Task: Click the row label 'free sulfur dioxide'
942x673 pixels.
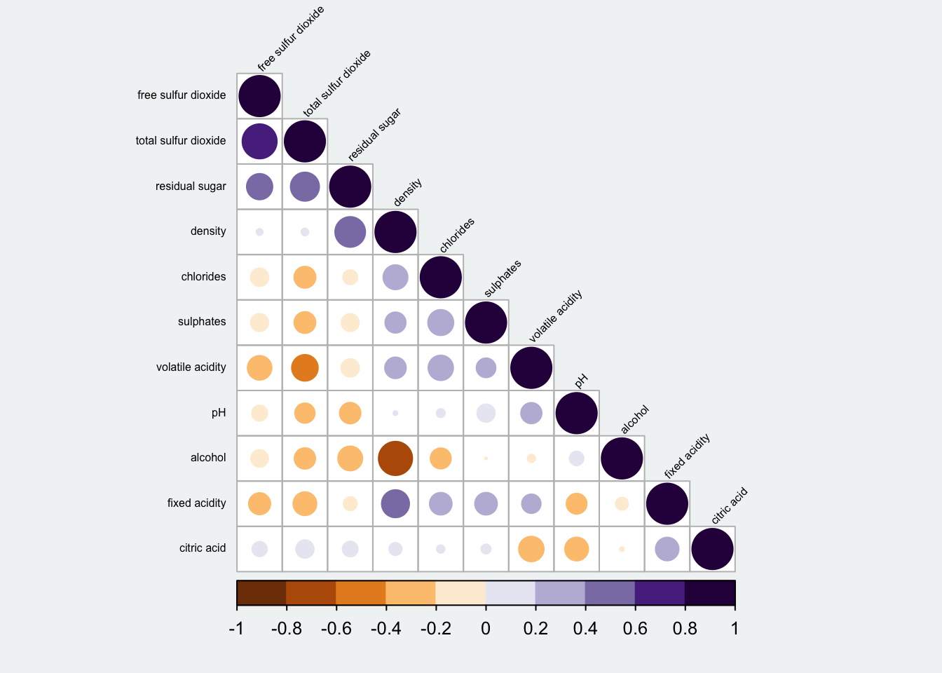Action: pos(182,95)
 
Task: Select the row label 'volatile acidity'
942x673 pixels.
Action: pos(191,367)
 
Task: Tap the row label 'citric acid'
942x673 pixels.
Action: pos(203,548)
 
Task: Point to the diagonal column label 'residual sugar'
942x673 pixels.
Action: pos(374,135)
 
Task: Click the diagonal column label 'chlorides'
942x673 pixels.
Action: pos(457,235)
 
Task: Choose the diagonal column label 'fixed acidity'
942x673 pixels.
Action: pos(687,456)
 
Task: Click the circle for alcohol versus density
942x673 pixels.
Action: pos(395,458)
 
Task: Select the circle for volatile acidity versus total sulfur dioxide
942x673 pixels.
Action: pos(305,367)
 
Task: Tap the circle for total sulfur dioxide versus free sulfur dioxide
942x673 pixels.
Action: pos(259,141)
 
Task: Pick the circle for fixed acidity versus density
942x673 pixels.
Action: pos(395,503)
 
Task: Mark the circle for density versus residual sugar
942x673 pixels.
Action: pos(350,231)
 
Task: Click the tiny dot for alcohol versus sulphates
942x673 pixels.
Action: pos(486,458)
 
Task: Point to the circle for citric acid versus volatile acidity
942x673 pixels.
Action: pos(531,549)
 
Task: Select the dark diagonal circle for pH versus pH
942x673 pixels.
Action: pos(576,413)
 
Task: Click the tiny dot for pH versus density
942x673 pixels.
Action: pos(395,413)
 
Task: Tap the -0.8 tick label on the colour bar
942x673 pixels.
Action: pos(286,629)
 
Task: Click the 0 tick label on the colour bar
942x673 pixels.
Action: pos(486,629)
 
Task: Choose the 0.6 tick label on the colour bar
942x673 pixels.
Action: pos(635,629)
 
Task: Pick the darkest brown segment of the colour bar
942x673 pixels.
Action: pos(261,592)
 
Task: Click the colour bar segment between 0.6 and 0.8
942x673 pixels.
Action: pos(660,592)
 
